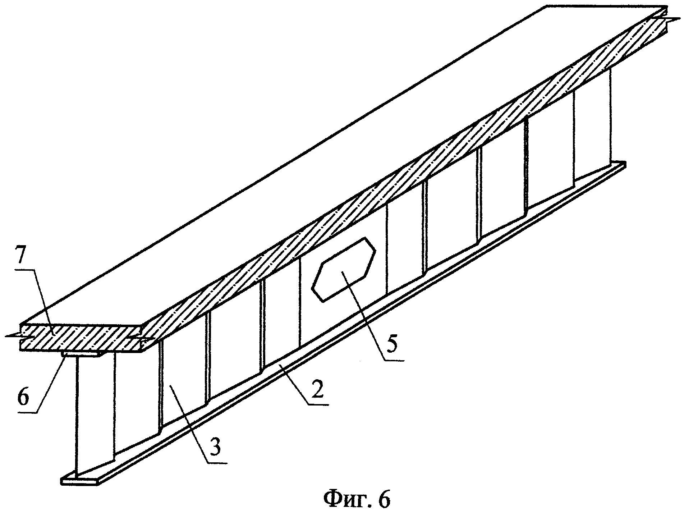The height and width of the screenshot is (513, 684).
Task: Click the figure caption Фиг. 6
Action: pyautogui.click(x=357, y=499)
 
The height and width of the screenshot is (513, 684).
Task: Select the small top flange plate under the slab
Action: pyautogui.click(x=81, y=354)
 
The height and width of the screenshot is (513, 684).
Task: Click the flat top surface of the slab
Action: pyautogui.click(x=323, y=151)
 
